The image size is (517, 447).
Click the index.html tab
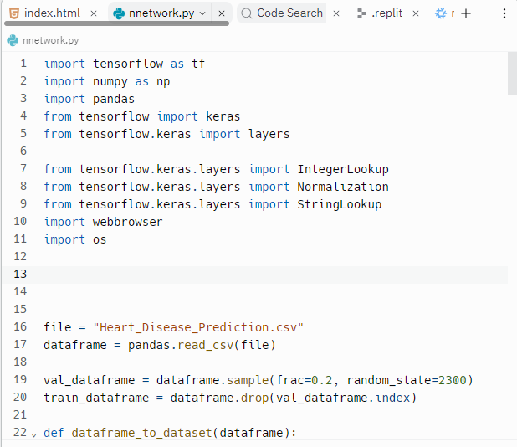point(51,13)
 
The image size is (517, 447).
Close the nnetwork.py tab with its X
point(222,13)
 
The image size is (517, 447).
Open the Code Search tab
point(289,13)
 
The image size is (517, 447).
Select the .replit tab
point(386,13)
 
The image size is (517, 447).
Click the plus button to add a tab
point(466,13)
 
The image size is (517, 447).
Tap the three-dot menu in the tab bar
point(504,13)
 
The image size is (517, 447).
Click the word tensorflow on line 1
point(114,64)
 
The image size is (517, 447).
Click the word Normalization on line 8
point(343,187)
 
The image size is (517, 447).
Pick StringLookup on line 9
point(339,204)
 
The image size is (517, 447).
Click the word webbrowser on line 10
point(127,222)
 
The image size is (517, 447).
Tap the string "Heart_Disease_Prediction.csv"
point(198,327)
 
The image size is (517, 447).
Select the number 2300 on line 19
point(452,380)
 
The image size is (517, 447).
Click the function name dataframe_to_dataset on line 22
point(141,433)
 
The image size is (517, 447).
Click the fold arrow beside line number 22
point(34,434)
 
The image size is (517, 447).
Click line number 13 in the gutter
point(20,275)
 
